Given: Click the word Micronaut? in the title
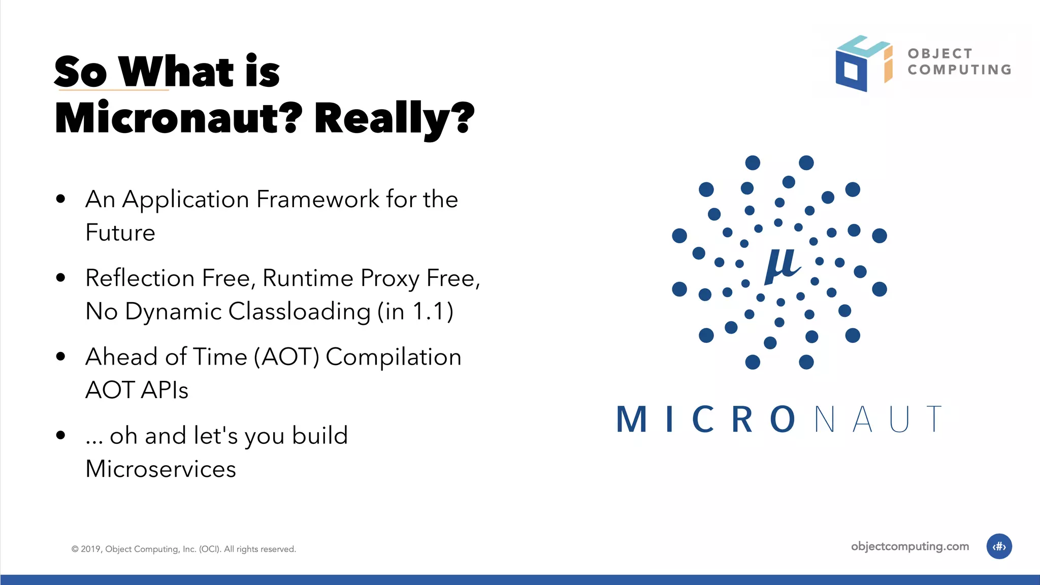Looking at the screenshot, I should click(x=178, y=118).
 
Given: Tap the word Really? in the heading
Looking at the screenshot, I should click(x=394, y=118).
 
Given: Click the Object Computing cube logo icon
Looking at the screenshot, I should click(x=863, y=63).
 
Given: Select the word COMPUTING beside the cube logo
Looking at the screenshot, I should click(x=960, y=70).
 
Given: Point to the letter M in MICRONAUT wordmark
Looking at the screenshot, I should click(x=632, y=420).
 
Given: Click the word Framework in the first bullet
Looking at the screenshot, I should click(x=318, y=199).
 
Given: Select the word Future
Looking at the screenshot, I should click(x=120, y=233).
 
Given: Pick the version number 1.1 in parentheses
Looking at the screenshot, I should click(x=429, y=311).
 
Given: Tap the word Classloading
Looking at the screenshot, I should click(x=299, y=311).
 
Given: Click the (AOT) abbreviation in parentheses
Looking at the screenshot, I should click(x=286, y=357).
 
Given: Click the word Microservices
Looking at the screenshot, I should click(x=160, y=469).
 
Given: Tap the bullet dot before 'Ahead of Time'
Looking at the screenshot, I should click(x=61, y=356).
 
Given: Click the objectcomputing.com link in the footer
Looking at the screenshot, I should click(x=909, y=546).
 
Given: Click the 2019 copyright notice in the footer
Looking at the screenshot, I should click(x=183, y=549).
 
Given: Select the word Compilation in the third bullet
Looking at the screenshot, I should click(x=393, y=357).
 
